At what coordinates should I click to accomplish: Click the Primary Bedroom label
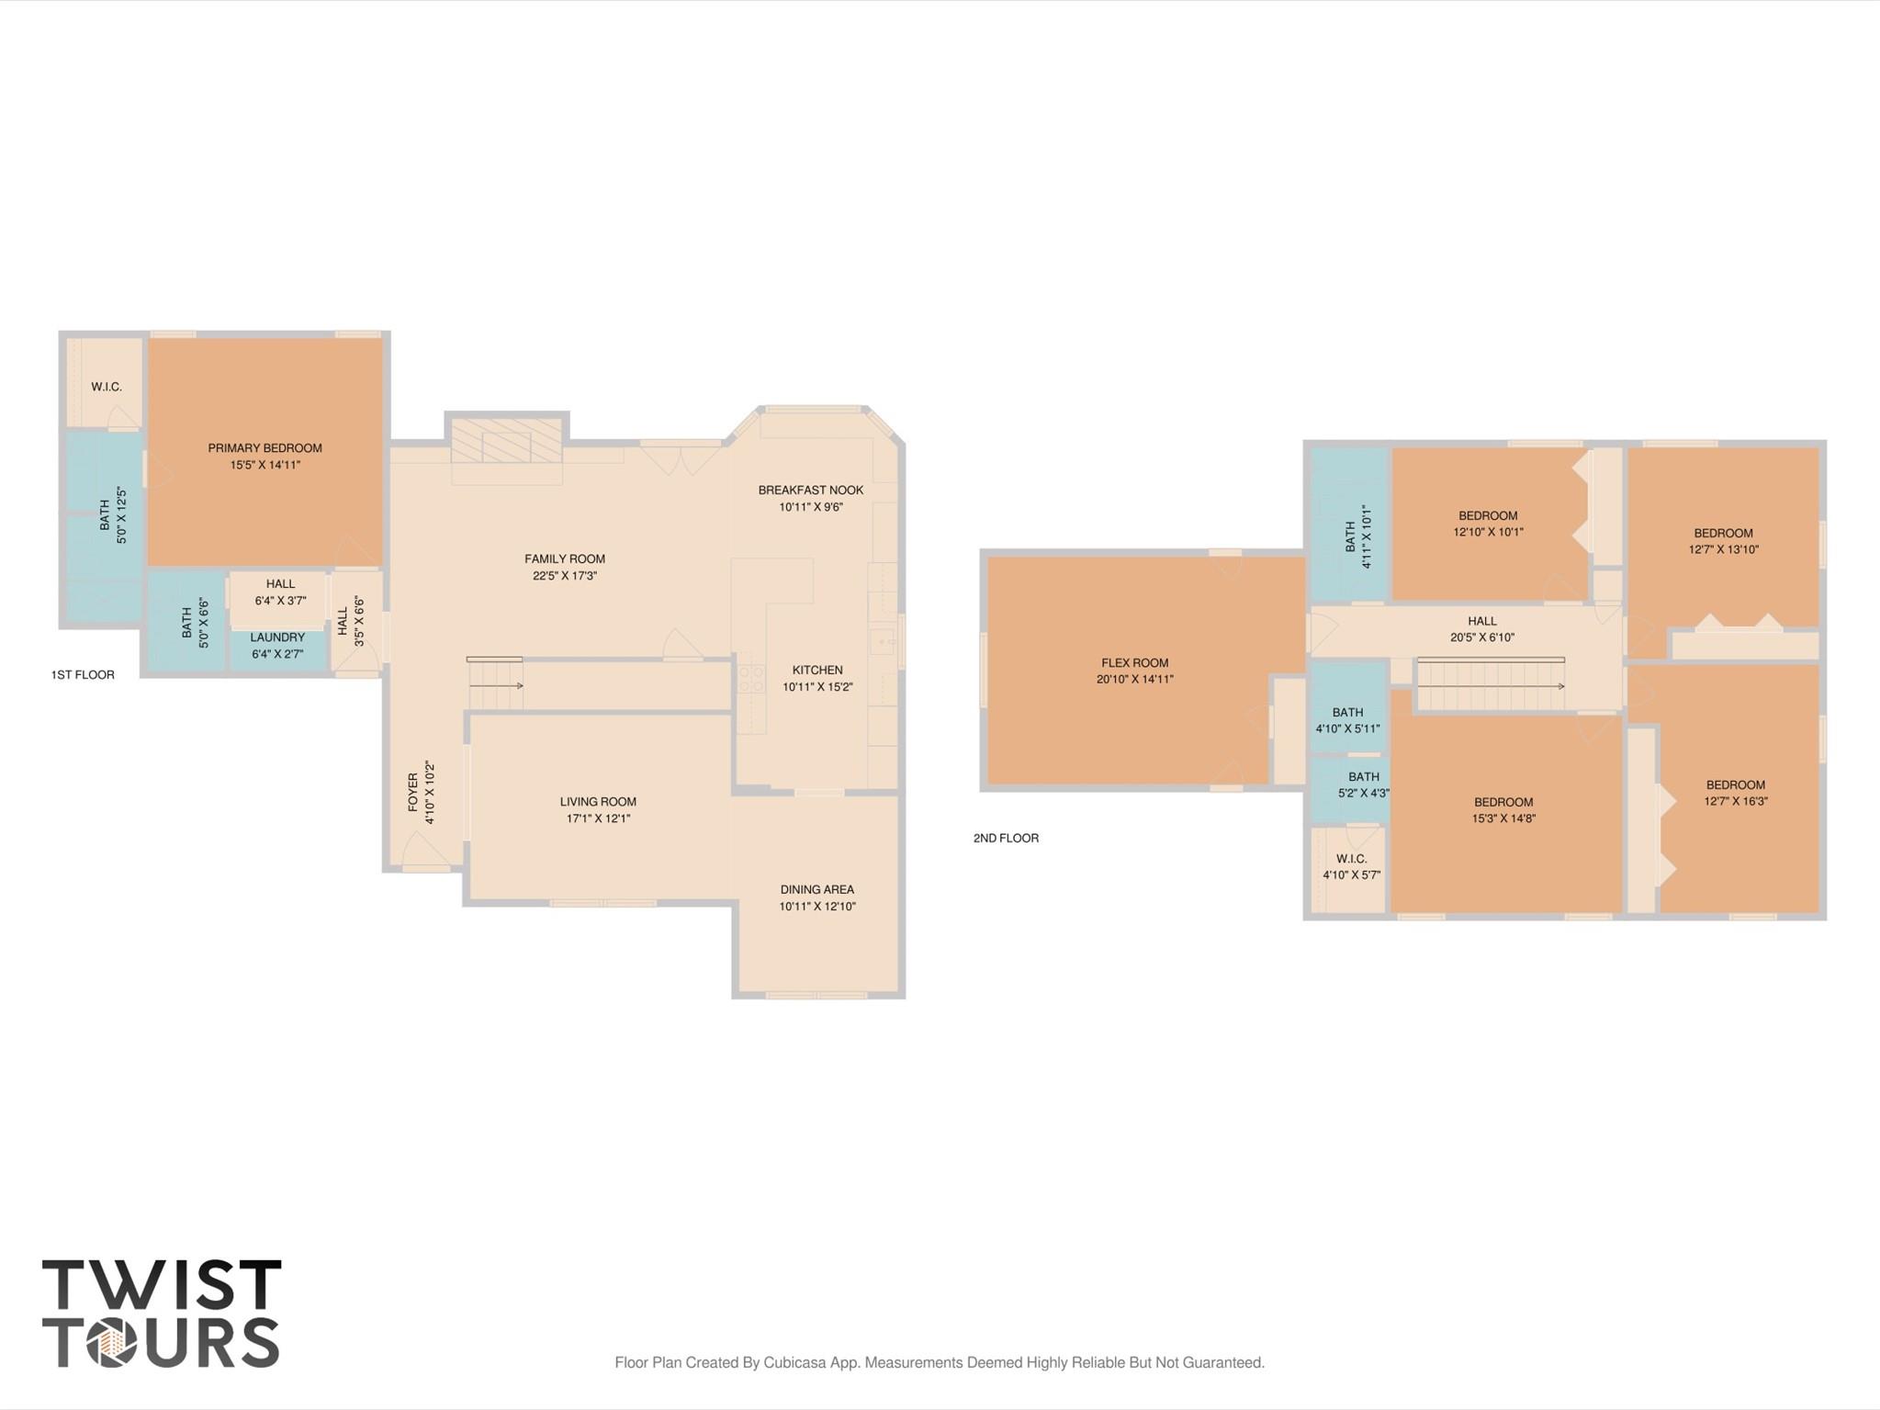pos(265,448)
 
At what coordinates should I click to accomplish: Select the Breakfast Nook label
pos(810,491)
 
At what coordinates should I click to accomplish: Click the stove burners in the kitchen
pos(751,678)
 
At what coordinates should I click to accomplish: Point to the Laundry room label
pos(277,637)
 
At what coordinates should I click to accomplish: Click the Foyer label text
pos(413,792)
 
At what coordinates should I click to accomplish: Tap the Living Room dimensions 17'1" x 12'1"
pos(598,818)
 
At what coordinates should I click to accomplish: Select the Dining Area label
pos(816,889)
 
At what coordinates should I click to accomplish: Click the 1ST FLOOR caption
pos(83,675)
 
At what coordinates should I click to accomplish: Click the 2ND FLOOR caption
pos(1006,838)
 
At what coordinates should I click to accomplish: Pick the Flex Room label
pos(1134,663)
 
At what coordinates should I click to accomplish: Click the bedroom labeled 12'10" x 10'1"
pos(1488,524)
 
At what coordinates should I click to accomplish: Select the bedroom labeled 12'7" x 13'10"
pos(1723,541)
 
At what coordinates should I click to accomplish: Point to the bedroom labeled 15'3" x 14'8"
pos(1503,810)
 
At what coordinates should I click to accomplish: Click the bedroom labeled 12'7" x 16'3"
pos(1735,793)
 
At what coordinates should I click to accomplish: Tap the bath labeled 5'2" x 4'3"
pos(1364,784)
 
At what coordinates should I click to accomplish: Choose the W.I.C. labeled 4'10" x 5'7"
pos(1351,866)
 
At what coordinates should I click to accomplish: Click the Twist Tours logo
pos(161,1313)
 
